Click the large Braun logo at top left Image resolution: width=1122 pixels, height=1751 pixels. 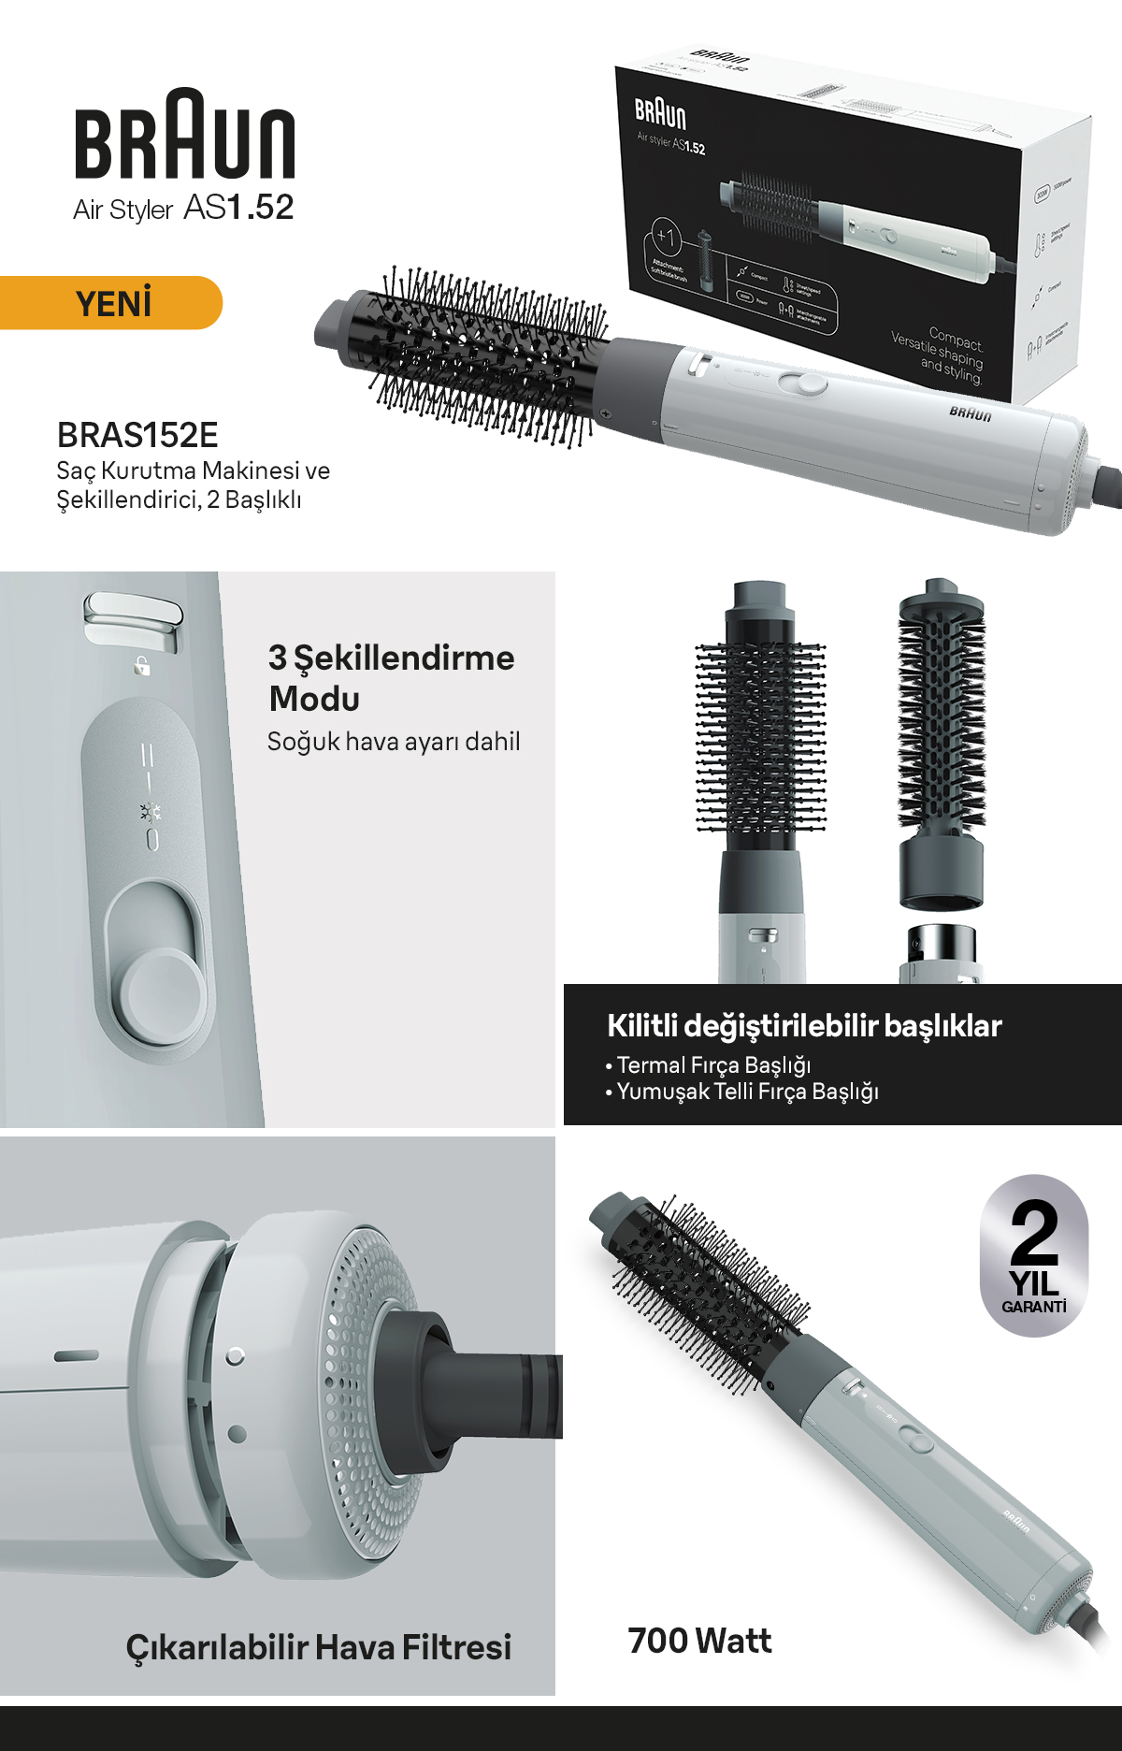point(184,135)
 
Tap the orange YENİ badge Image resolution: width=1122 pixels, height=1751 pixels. point(112,303)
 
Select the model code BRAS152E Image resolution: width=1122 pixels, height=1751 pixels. point(137,435)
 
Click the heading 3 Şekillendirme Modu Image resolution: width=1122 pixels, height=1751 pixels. point(391,677)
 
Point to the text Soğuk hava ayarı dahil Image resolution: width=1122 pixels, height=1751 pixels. point(393,742)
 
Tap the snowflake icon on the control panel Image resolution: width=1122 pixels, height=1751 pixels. point(150,812)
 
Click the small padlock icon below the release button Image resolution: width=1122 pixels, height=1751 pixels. point(142,666)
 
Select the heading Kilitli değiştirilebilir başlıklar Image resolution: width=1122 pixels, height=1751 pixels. point(804,1026)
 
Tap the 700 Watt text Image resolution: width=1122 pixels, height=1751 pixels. point(699,1641)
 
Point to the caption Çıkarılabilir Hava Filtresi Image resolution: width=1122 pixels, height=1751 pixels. point(319,1647)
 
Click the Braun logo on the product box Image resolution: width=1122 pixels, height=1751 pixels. point(660,113)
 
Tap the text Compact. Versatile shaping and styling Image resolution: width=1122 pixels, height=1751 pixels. point(939,355)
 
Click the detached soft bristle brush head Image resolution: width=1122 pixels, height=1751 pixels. point(942,739)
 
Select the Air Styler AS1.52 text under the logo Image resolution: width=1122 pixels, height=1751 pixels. point(183,208)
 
